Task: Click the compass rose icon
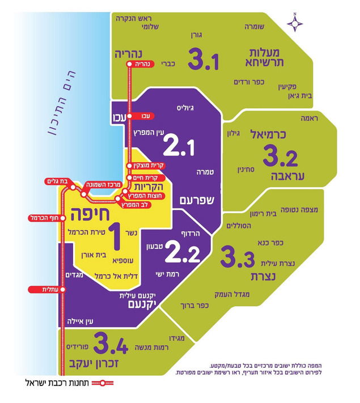point(295,22)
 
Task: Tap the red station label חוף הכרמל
point(46,218)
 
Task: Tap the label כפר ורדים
point(250,82)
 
